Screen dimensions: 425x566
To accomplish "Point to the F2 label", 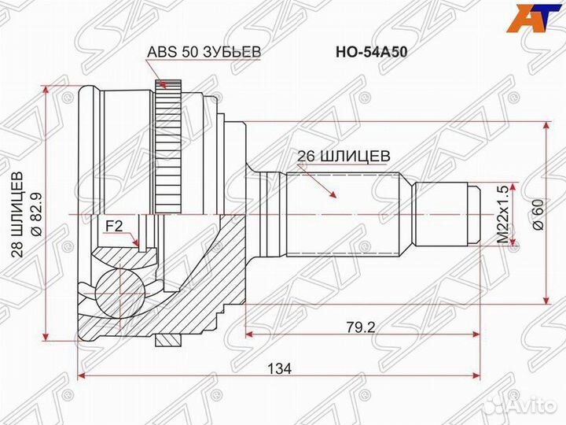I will [115, 227].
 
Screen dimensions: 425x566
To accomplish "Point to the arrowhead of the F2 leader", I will [138, 246].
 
